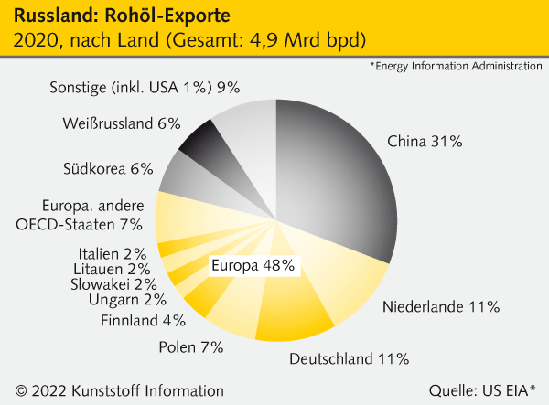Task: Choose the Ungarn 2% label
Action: pos(127,300)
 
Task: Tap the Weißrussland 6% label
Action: pos(122,123)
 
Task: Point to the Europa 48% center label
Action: pos(253,266)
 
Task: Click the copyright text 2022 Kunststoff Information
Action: pos(113,389)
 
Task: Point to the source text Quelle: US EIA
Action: pos(482,389)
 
